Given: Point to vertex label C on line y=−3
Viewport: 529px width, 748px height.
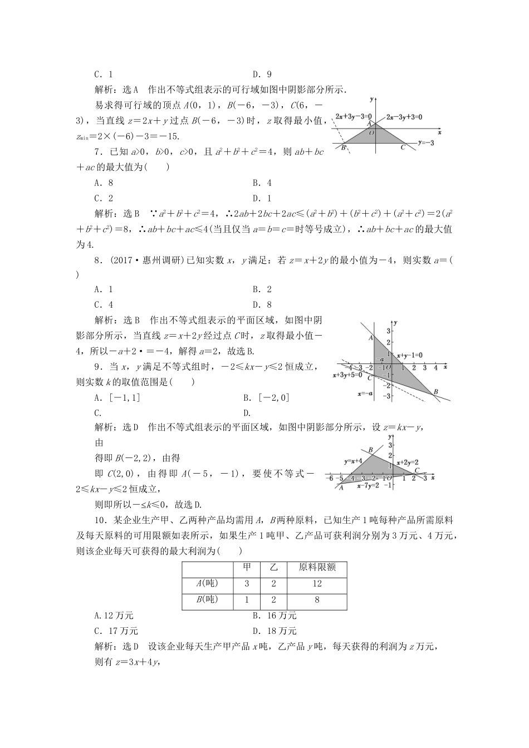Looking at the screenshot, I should click(x=403, y=147).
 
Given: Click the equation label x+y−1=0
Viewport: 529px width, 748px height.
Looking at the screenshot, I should click(x=409, y=355).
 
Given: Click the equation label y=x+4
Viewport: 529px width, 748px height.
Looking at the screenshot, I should click(x=353, y=461).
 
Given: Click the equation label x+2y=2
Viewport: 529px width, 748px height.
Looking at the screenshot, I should click(x=407, y=462).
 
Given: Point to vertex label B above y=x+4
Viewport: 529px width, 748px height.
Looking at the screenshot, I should click(x=371, y=450).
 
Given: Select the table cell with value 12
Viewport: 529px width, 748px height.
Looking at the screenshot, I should click(x=317, y=584).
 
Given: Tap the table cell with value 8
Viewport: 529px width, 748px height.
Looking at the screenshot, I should click(x=317, y=600).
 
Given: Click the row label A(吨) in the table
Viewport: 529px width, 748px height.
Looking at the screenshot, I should click(x=207, y=584).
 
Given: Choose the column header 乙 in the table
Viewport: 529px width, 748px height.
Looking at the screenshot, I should click(x=273, y=568).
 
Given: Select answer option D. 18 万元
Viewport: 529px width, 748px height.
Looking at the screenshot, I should click(x=275, y=631).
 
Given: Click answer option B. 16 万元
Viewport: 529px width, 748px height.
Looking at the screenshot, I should click(x=275, y=616).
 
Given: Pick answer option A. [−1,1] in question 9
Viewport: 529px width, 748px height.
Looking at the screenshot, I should click(x=117, y=397).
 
